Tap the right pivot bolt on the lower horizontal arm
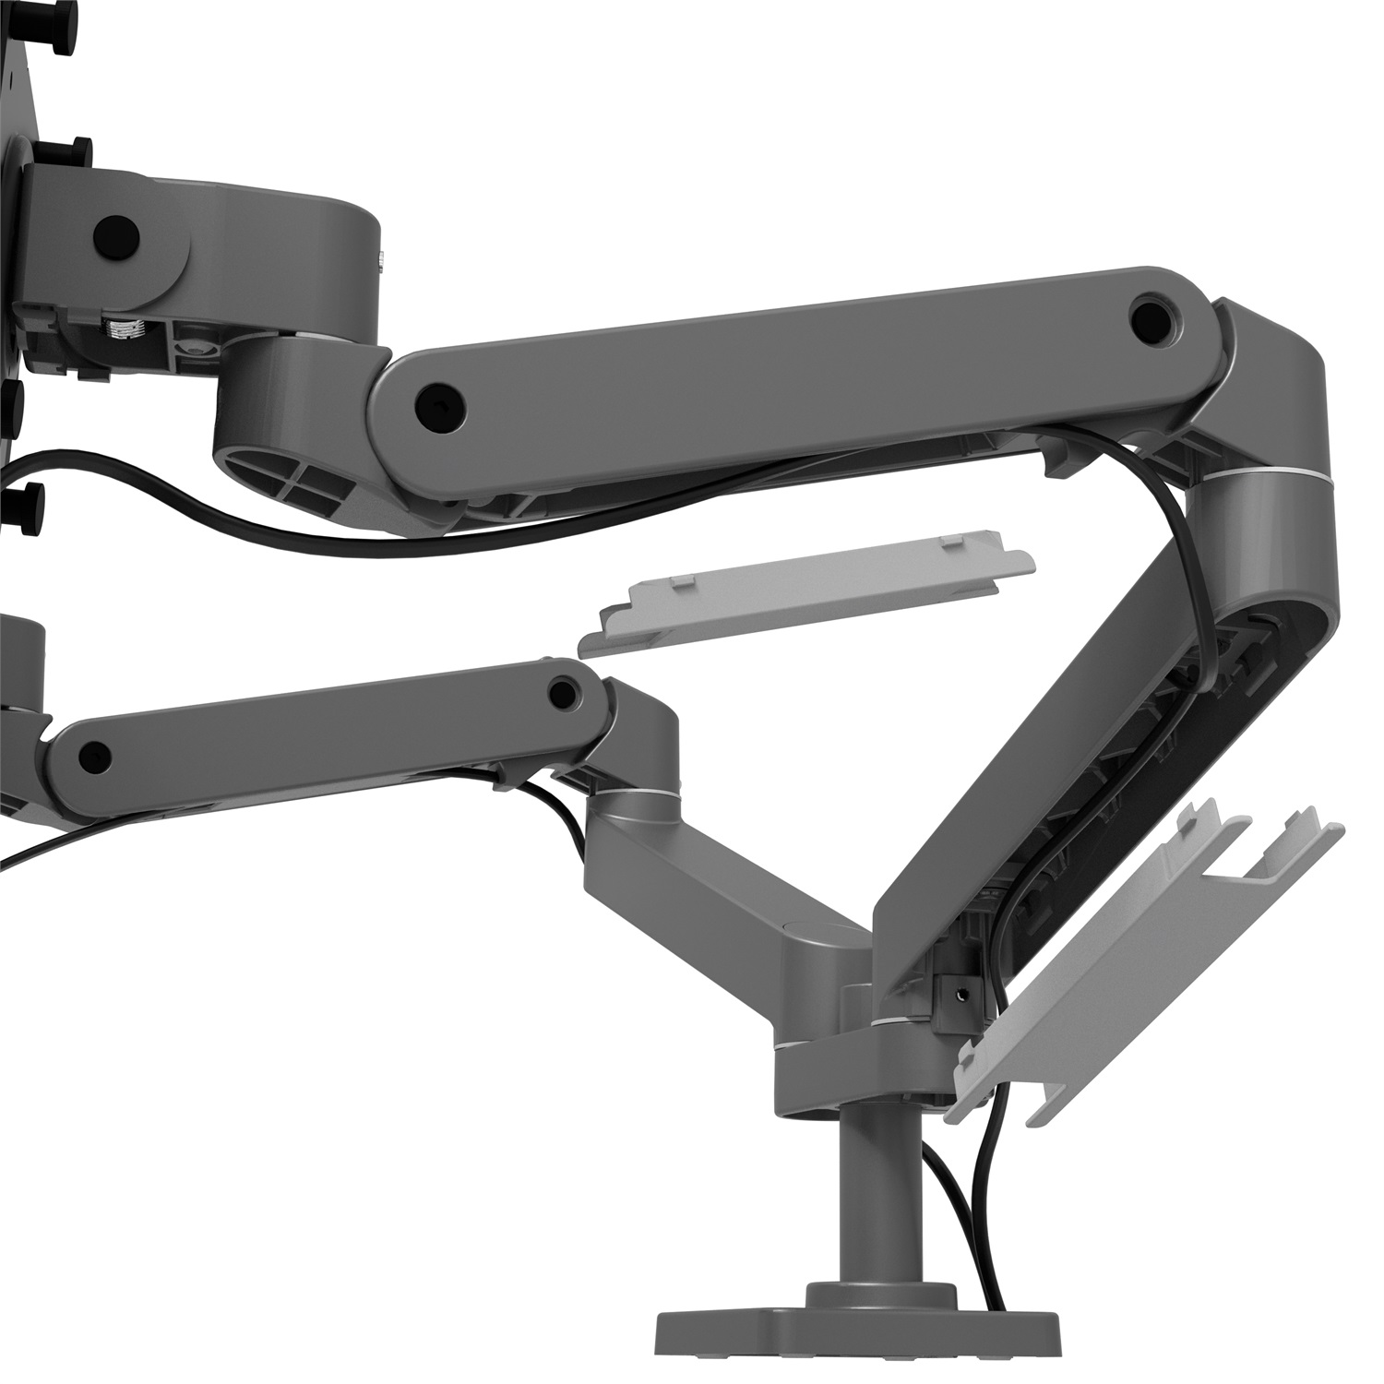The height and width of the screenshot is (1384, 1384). pos(559,690)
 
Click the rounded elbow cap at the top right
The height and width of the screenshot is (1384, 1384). pos(1283,369)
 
